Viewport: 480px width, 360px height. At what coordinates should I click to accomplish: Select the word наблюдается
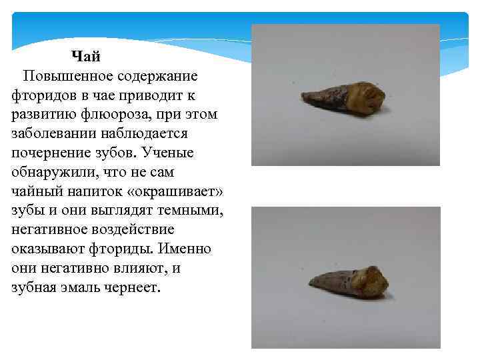[147, 133]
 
